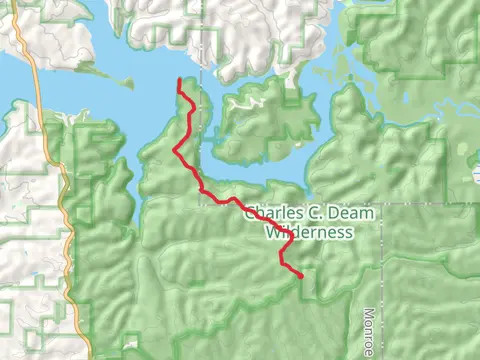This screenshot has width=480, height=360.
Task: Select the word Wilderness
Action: [x=309, y=232]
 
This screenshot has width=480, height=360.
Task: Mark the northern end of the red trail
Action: [x=179, y=80]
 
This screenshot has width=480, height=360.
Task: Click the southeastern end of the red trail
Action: [x=301, y=276]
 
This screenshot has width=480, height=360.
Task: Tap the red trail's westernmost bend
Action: [x=176, y=150]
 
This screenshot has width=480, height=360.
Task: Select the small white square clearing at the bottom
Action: [x=130, y=345]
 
